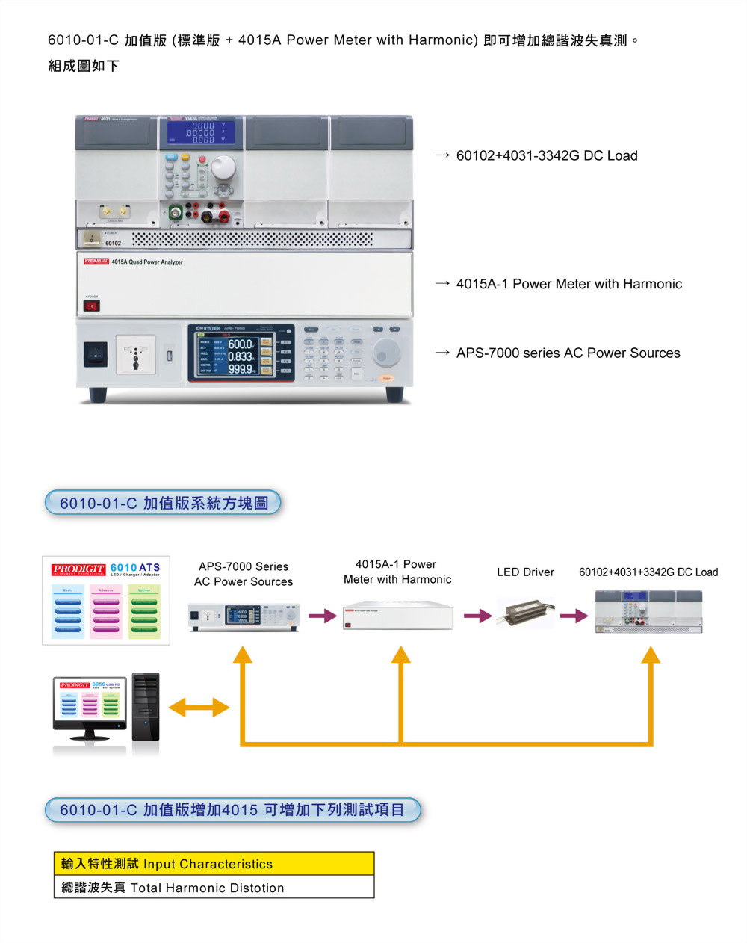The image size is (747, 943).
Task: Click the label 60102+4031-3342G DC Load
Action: tap(546, 155)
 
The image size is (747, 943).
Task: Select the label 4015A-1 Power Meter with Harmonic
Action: tap(568, 284)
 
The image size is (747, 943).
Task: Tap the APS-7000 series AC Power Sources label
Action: tap(568, 353)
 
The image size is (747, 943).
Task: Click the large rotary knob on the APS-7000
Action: tap(386, 350)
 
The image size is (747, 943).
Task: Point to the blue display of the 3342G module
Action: tap(201, 132)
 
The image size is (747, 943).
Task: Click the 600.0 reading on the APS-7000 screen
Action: tap(241, 344)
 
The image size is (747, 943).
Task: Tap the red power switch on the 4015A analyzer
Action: tap(91, 306)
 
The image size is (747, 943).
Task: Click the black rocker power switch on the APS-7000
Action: tap(95, 353)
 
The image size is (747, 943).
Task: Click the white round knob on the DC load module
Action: tap(223, 169)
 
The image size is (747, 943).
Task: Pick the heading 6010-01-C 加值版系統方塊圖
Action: tap(164, 503)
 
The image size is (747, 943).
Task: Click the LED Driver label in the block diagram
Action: tap(525, 572)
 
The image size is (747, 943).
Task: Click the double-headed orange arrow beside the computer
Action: tap(199, 707)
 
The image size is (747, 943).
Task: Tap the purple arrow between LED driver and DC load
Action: tap(574, 616)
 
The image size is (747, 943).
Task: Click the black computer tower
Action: tap(146, 707)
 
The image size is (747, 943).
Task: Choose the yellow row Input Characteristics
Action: tap(214, 864)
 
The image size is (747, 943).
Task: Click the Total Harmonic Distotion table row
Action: tap(214, 888)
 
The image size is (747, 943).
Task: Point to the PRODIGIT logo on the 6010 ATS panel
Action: tap(78, 569)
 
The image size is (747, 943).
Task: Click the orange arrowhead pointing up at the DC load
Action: tap(651, 655)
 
